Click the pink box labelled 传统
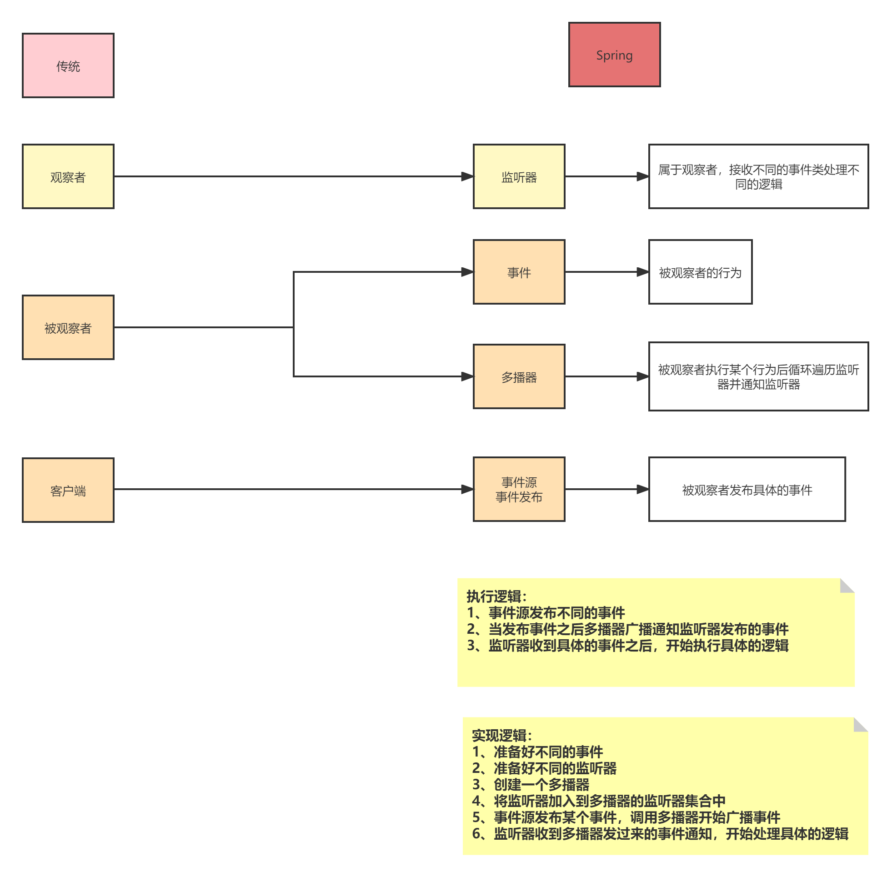[x=68, y=65]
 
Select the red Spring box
[x=614, y=55]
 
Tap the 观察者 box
[x=68, y=176]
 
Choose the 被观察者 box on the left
[x=68, y=327]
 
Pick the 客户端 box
[x=68, y=490]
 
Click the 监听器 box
[x=519, y=176]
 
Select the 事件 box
[x=519, y=272]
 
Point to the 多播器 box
[x=519, y=376]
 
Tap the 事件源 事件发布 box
[x=519, y=489]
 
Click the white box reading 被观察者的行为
[x=700, y=272]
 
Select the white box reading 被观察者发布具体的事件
[x=747, y=489]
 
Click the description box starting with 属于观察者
[x=758, y=176]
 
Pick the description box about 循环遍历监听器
[x=758, y=376]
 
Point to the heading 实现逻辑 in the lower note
[x=501, y=736]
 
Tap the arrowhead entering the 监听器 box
[x=467, y=176]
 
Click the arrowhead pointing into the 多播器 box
[x=467, y=376]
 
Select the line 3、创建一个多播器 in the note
[x=531, y=784]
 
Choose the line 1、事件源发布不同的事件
[x=546, y=612]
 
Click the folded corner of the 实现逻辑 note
[x=859, y=725]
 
